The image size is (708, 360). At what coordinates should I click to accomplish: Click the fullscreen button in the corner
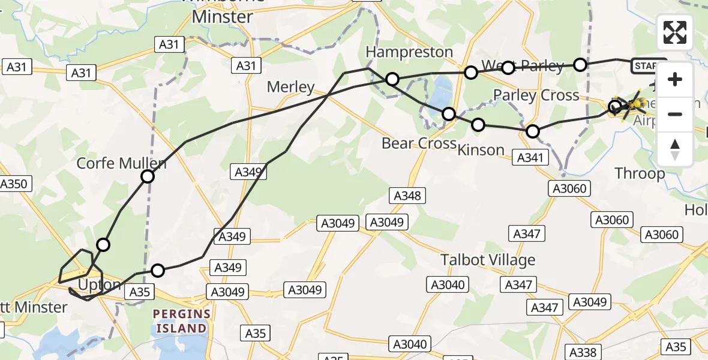point(675,32)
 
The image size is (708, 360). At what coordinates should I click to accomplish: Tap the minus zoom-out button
point(675,114)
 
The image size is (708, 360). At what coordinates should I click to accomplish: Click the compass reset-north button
point(675,149)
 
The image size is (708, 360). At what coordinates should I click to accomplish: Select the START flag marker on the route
point(648,66)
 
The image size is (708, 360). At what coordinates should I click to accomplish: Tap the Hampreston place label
point(409,52)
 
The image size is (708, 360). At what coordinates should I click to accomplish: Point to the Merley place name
point(290,87)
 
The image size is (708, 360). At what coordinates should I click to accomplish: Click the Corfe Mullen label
point(121,163)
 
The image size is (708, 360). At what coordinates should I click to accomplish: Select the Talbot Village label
point(488,260)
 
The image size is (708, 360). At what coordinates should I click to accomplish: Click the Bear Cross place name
point(419,144)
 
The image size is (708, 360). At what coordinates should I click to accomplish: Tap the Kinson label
point(481,149)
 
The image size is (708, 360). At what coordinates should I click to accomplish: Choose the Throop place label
point(640,174)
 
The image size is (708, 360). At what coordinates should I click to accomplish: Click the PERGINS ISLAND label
point(181,321)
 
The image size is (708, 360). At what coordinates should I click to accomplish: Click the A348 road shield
point(407,195)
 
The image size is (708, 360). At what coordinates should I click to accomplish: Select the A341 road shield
point(531,158)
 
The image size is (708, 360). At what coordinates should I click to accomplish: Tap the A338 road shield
point(583,352)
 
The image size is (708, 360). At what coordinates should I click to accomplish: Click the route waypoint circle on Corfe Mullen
point(148,176)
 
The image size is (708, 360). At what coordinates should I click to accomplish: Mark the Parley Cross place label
point(536,95)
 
